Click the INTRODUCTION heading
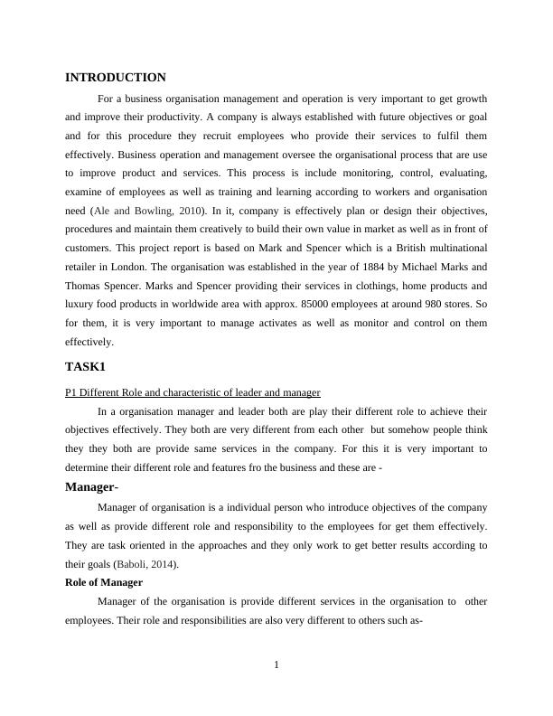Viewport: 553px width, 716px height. coord(116,78)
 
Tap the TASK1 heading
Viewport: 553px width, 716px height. coord(86,367)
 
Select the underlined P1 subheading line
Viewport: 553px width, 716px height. coord(193,391)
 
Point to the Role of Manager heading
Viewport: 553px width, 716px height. coord(104,582)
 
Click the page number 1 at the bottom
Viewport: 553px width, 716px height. coord(276,666)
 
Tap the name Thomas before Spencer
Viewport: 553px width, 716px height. coord(83,286)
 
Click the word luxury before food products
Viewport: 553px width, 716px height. coord(83,305)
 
